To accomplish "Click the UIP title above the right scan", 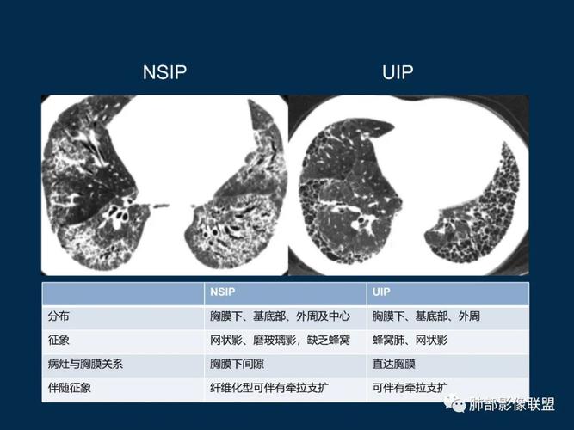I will [397, 72].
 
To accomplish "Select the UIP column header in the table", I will [381, 293].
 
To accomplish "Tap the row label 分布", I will [59, 316].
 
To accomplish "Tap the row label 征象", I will [59, 341].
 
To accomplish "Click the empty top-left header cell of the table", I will [123, 293].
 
